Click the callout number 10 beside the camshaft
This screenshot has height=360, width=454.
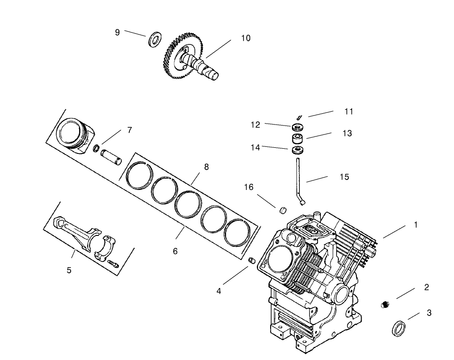(245, 38)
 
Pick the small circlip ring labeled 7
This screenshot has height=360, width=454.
(96, 149)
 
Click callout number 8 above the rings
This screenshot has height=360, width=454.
(206, 167)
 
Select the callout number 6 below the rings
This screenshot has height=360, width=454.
(175, 252)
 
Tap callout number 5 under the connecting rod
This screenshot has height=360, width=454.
(69, 270)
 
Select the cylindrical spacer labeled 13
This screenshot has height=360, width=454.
(298, 139)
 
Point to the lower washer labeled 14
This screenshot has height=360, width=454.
(298, 151)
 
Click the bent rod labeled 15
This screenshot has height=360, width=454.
(299, 180)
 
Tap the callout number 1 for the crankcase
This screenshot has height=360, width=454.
(416, 225)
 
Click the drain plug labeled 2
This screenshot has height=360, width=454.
(385, 305)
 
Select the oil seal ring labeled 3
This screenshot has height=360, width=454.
(399, 328)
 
